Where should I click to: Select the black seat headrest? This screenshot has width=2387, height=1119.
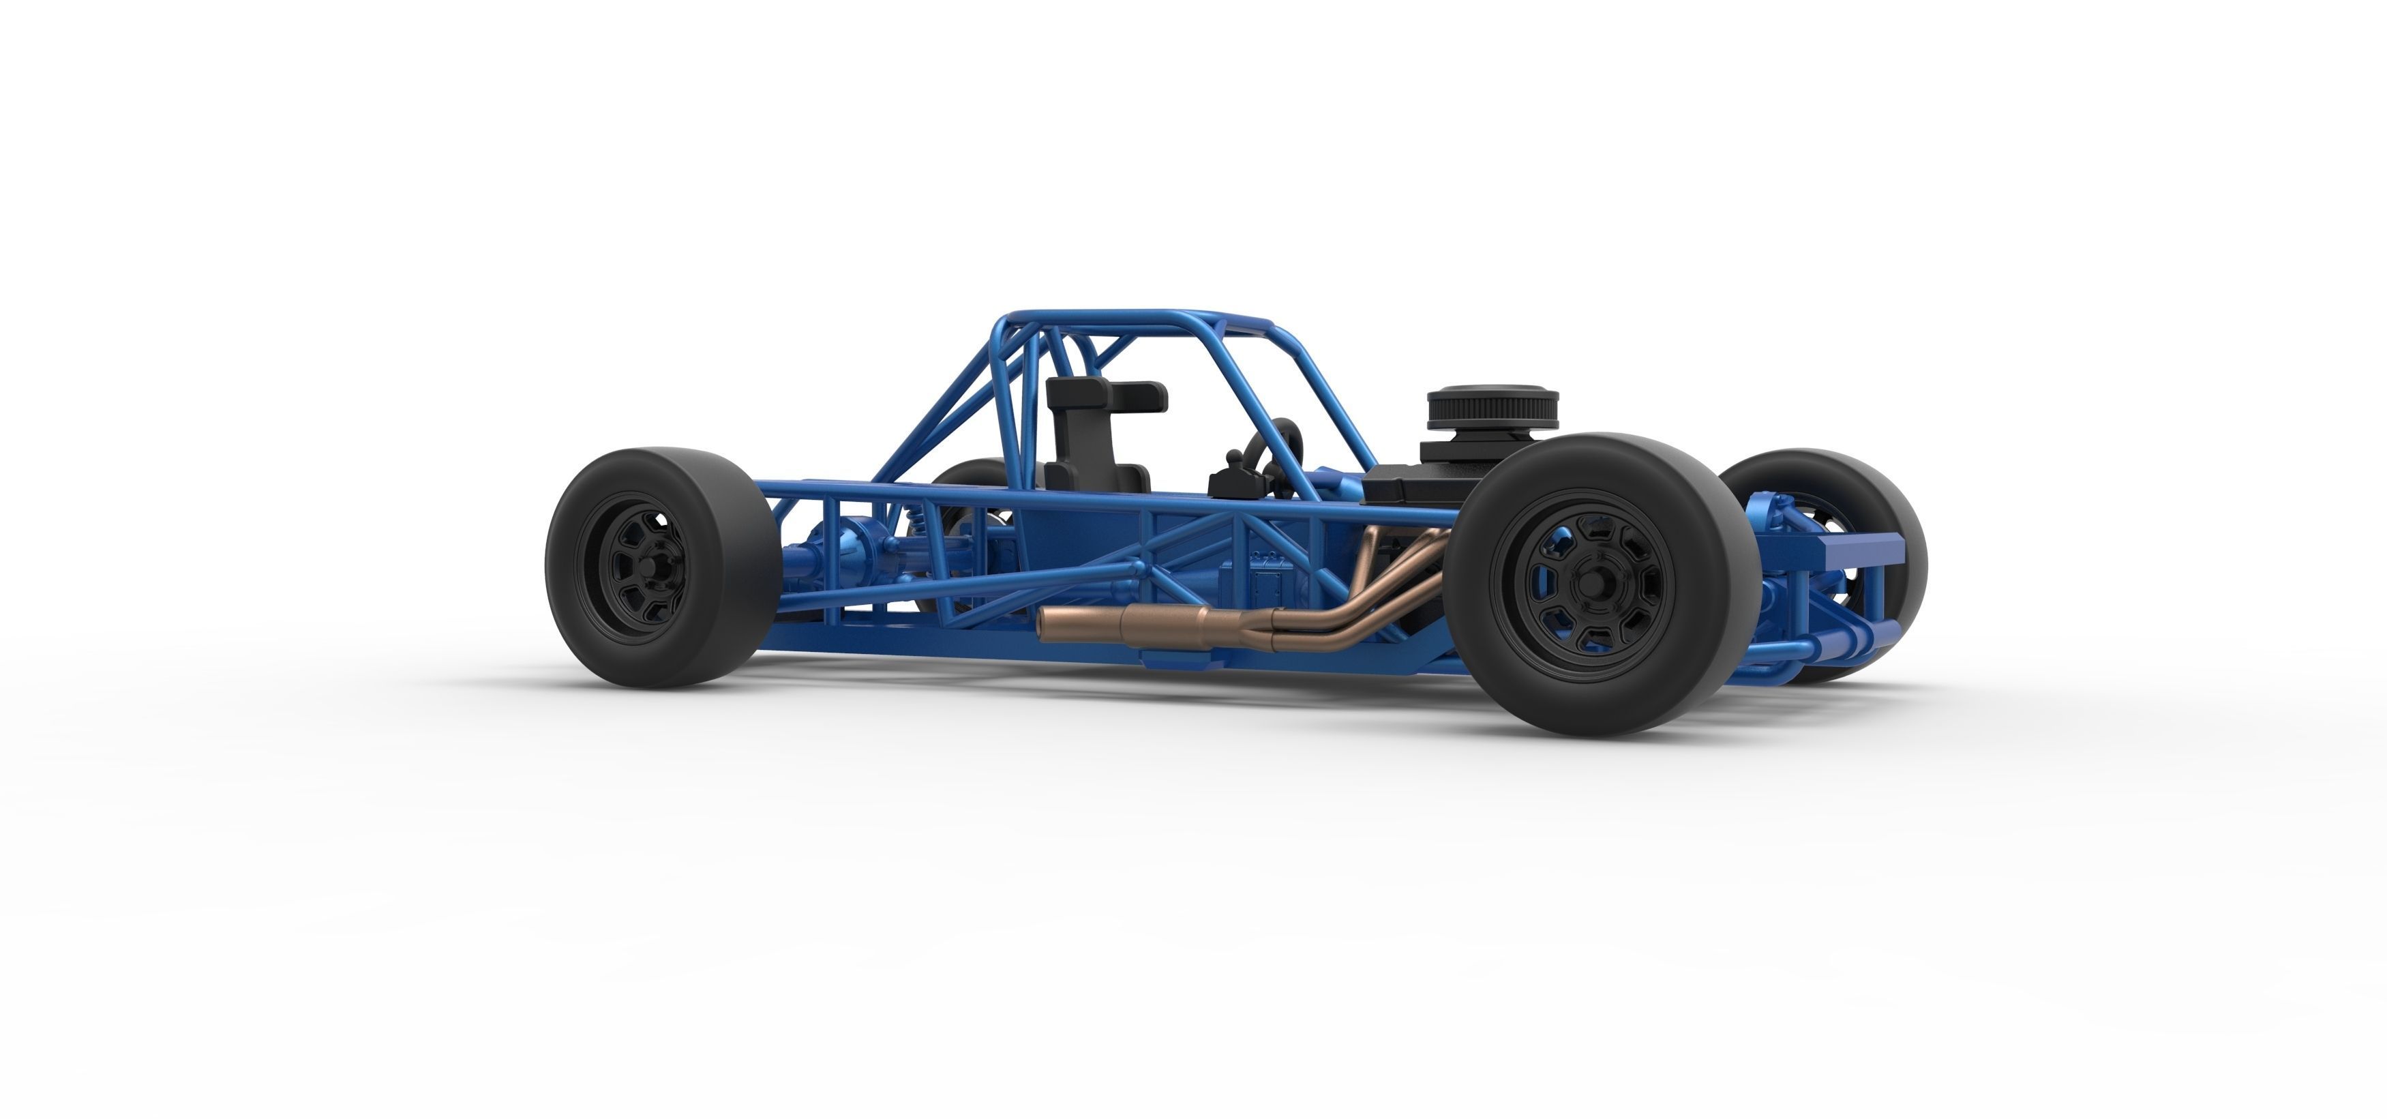1107,394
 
